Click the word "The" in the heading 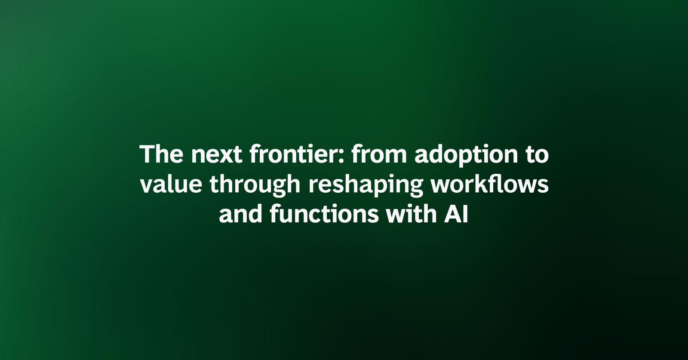[161, 154]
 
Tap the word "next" [217, 155]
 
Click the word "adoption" [466, 156]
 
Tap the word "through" [255, 186]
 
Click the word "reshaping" [365, 186]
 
